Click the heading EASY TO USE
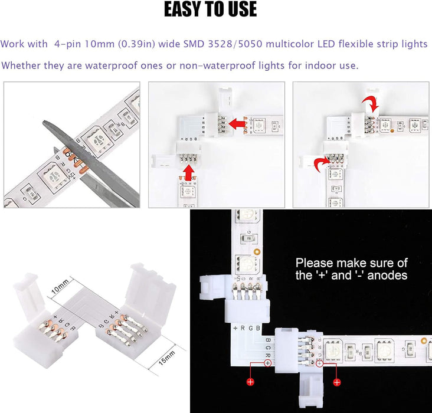click(210, 10)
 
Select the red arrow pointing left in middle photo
click(237, 123)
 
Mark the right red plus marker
click(337, 382)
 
